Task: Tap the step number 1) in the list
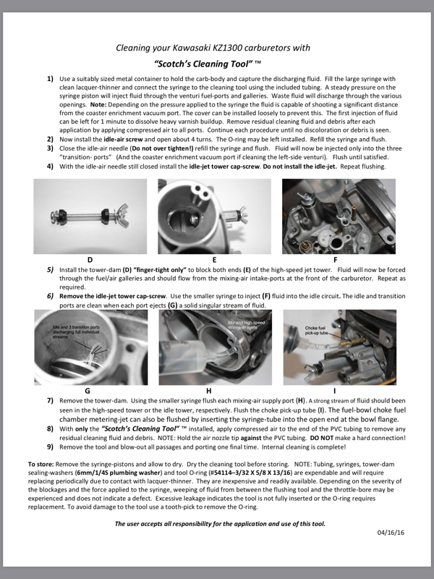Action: [x=50, y=77]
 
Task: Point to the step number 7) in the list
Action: [x=50, y=400]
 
